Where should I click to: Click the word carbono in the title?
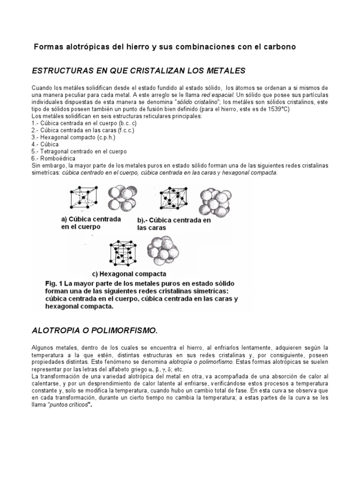[278, 47]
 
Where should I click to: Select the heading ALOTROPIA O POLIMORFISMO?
[94, 330]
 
